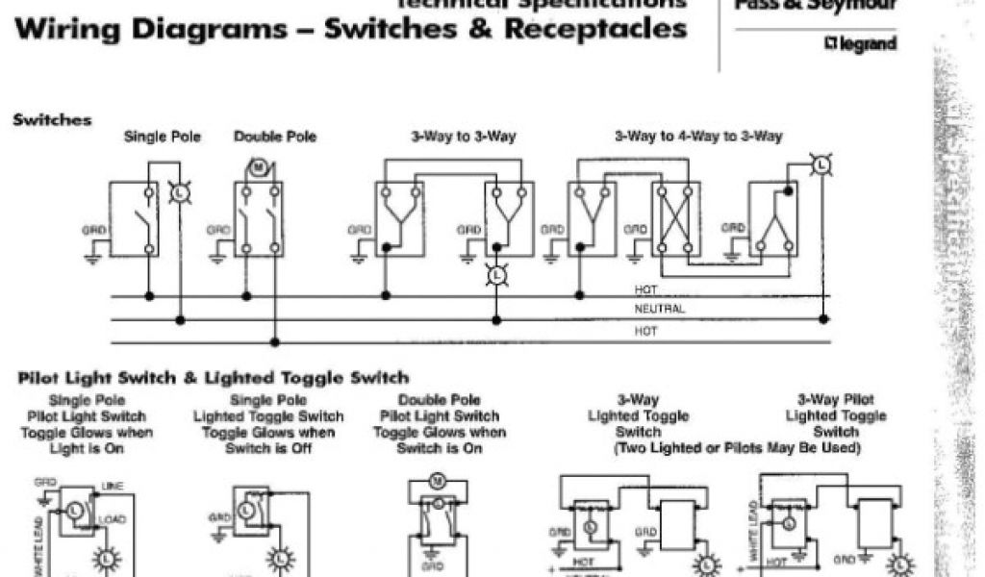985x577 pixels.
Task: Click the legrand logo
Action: click(859, 44)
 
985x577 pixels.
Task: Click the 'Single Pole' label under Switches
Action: click(163, 137)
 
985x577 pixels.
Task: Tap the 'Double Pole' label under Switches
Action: click(275, 137)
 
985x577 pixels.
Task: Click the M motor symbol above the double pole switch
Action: click(259, 168)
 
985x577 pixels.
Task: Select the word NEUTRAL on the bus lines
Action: click(660, 309)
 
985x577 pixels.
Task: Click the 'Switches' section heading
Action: click(53, 120)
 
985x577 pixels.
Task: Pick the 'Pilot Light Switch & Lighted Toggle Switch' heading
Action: click(214, 378)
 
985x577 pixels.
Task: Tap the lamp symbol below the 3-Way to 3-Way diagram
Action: click(497, 275)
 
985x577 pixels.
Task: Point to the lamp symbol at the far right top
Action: click(821, 166)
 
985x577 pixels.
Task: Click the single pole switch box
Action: click(134, 218)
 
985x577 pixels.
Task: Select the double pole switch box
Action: click(259, 218)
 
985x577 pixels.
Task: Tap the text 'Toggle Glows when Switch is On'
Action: click(440, 440)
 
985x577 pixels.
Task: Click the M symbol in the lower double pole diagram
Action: click(436, 480)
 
